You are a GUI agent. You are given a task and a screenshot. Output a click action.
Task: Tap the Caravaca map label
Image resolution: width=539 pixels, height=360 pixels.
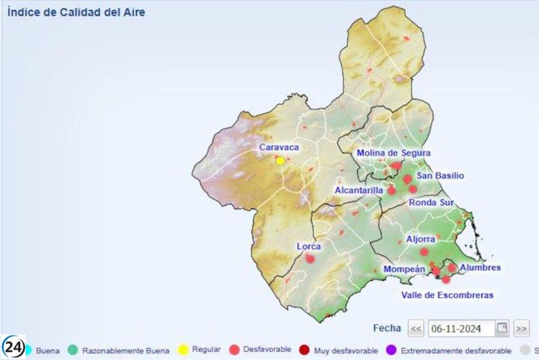pos(279,147)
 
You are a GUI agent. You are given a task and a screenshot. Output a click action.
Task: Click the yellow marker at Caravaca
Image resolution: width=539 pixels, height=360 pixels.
pos(280,160)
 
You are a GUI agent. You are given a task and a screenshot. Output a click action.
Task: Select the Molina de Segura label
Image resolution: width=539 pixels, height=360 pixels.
pos(393,153)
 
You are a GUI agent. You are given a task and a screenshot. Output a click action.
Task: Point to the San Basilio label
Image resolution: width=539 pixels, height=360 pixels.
pos(441,176)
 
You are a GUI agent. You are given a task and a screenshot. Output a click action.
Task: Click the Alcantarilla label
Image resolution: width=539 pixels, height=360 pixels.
pos(359,191)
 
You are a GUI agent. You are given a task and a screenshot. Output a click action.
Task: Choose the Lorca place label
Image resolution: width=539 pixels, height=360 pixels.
pos(309,246)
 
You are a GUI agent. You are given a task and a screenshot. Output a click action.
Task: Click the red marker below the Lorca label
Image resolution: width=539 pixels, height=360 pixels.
pos(310,258)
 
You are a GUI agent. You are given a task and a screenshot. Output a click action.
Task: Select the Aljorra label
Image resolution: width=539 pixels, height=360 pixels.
pos(420,239)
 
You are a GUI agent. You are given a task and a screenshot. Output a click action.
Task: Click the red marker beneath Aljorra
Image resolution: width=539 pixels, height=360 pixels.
pos(424,251)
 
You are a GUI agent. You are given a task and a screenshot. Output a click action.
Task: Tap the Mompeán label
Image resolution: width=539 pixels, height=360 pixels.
pos(404,269)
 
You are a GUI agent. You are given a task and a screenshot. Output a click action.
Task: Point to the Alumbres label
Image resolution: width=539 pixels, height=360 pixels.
pos(480,268)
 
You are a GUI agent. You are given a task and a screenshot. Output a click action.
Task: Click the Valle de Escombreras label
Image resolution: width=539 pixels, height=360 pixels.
pos(447,295)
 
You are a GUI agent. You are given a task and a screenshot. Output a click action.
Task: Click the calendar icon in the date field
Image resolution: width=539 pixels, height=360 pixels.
pos(502,328)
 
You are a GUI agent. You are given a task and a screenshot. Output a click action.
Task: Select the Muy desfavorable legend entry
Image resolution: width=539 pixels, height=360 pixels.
pos(344,350)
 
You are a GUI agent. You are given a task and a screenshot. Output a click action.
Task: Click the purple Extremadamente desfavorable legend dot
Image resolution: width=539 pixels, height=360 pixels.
pos(390,350)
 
